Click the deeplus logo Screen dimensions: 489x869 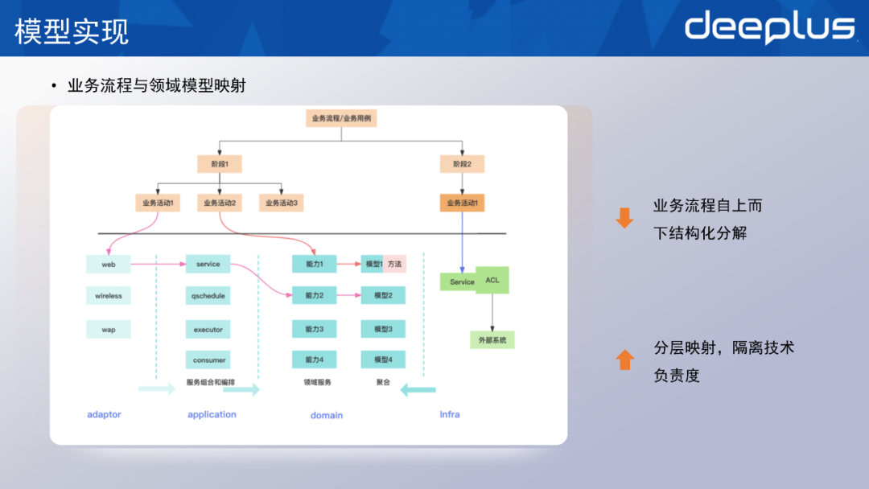point(769,27)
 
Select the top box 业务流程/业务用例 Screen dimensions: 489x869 point(342,118)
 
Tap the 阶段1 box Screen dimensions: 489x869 point(220,164)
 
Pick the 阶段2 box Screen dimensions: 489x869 point(462,164)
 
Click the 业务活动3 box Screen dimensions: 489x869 point(281,203)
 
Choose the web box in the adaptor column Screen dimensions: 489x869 point(109,264)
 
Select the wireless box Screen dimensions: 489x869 point(109,296)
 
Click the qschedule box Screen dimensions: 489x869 point(208,296)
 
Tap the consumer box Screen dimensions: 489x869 point(208,360)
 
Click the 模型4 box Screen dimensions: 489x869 point(383,360)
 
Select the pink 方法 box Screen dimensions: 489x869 point(394,264)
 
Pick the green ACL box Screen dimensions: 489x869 point(492,280)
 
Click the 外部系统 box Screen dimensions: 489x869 point(492,340)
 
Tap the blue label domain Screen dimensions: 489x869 point(327,415)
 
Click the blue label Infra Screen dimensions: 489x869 point(450,414)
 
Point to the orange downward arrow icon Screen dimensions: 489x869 point(624,218)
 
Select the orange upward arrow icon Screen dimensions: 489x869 point(624,360)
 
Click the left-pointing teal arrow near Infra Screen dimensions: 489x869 point(418,390)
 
